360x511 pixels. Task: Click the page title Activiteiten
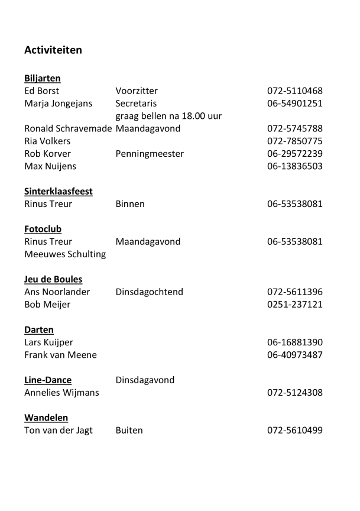(x=53, y=50)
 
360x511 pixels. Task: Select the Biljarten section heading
(x=43, y=78)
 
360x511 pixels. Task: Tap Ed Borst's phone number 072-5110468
(x=295, y=91)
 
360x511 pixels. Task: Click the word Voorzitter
(x=137, y=91)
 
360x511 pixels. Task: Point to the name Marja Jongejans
(x=59, y=104)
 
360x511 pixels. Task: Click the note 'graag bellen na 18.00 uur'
(x=168, y=116)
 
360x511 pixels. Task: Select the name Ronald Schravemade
(x=69, y=128)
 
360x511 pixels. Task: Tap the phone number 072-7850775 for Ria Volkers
(x=295, y=141)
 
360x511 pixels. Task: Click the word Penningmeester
(x=150, y=154)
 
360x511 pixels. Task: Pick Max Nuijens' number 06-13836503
(x=295, y=166)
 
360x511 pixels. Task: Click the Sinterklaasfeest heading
(x=59, y=192)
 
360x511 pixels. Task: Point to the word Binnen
(x=130, y=204)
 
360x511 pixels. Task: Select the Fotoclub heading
(x=43, y=229)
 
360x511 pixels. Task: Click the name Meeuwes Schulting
(x=65, y=254)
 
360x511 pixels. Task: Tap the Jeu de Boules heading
(x=53, y=279)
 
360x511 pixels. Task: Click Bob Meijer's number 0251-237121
(x=295, y=305)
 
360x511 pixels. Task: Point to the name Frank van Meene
(x=61, y=355)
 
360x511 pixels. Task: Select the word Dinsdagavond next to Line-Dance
(x=145, y=380)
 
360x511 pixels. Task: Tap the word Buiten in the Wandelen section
(x=129, y=430)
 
